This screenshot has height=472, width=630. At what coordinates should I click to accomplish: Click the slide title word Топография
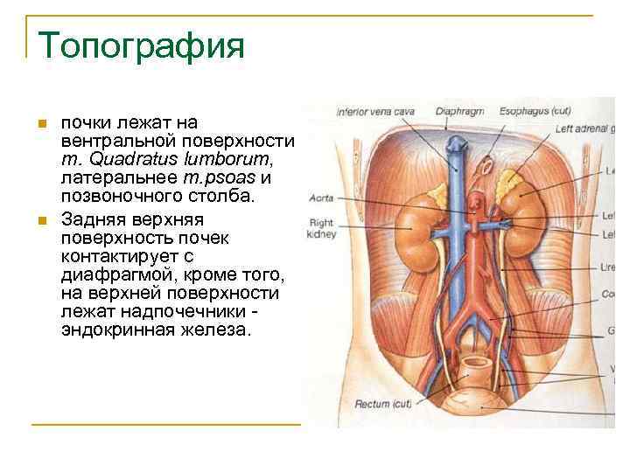(141, 46)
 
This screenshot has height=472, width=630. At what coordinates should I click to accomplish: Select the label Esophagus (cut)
(535, 112)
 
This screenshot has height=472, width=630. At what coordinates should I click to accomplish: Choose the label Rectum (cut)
(383, 405)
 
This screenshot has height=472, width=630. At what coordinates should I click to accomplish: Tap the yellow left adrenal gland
(508, 182)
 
